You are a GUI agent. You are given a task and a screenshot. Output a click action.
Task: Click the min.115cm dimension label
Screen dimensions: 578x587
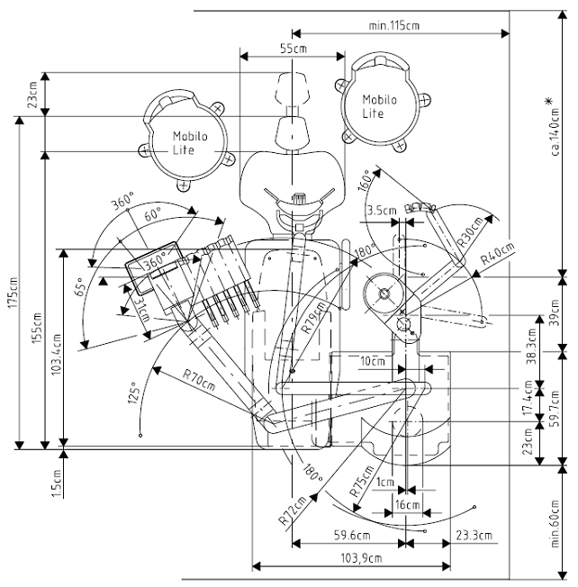(393, 25)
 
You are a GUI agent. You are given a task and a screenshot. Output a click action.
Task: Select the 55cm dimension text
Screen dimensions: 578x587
(294, 49)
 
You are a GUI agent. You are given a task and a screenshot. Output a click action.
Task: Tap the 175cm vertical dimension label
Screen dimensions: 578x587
(14, 293)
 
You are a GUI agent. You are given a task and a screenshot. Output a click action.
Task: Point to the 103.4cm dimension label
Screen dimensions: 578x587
(56, 354)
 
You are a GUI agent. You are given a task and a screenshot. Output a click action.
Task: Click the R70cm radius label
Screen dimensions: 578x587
(199, 380)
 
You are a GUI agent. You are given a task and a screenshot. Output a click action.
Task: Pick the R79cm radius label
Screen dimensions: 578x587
(313, 318)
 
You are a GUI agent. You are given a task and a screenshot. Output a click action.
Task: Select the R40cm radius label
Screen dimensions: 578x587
(498, 254)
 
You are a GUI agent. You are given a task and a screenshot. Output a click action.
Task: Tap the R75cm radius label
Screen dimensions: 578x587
(361, 480)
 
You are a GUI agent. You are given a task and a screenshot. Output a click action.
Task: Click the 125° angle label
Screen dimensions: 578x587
(134, 393)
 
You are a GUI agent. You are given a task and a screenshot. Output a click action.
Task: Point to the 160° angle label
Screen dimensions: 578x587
(366, 180)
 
